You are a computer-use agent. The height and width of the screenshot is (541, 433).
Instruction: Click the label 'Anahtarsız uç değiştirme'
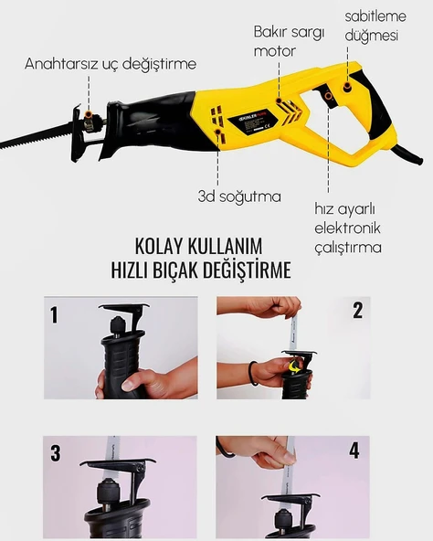[x=111, y=64]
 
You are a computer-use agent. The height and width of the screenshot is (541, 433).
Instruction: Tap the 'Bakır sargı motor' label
[x=290, y=41]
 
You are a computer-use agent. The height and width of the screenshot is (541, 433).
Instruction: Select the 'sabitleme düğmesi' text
[x=375, y=26]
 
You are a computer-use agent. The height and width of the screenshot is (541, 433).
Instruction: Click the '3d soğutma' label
[x=239, y=196]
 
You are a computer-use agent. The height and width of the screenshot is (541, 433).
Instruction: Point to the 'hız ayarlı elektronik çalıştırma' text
[x=348, y=228]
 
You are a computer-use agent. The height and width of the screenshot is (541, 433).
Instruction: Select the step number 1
[x=54, y=314]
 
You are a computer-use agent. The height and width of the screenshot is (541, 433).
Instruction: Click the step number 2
[x=358, y=310]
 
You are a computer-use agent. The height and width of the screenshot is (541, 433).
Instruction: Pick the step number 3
[x=56, y=452]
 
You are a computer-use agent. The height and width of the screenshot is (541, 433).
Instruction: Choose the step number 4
[x=354, y=451]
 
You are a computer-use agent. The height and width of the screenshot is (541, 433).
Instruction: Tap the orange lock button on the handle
[x=347, y=88]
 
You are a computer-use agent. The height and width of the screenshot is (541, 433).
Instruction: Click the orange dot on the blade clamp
[x=89, y=114]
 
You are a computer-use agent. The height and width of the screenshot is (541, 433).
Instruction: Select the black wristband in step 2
[x=252, y=374]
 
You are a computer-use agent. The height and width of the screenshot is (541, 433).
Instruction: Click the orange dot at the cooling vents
[x=218, y=132]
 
